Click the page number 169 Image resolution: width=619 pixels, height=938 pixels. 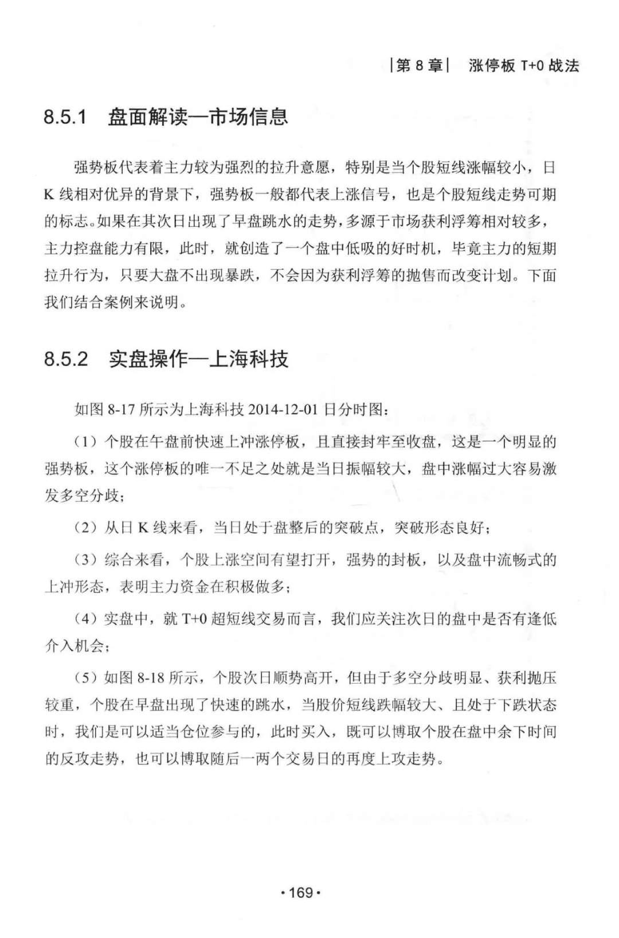301,892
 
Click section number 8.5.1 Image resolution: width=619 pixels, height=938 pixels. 65,117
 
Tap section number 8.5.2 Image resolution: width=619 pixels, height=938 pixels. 65,359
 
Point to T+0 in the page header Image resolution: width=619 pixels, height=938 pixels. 532,66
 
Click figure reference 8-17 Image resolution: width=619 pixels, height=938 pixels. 122,410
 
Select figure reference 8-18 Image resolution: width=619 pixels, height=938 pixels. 151,678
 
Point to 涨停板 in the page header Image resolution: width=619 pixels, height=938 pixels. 492,66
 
